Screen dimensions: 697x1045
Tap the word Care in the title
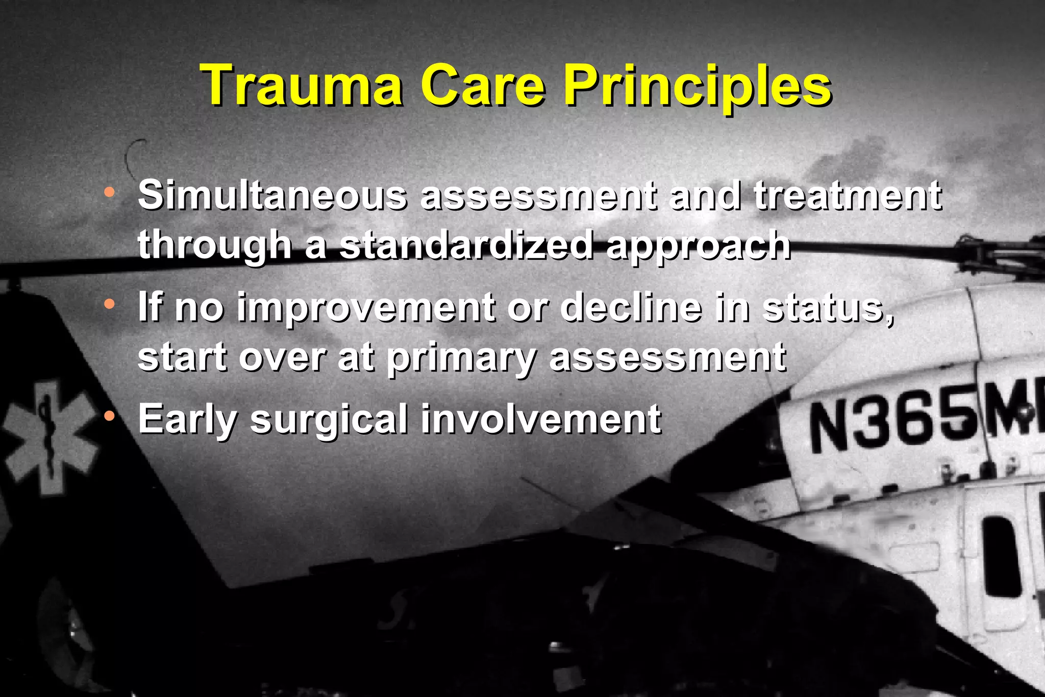pyautogui.click(x=483, y=85)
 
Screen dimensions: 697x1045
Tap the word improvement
pyautogui.click(x=366, y=308)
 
